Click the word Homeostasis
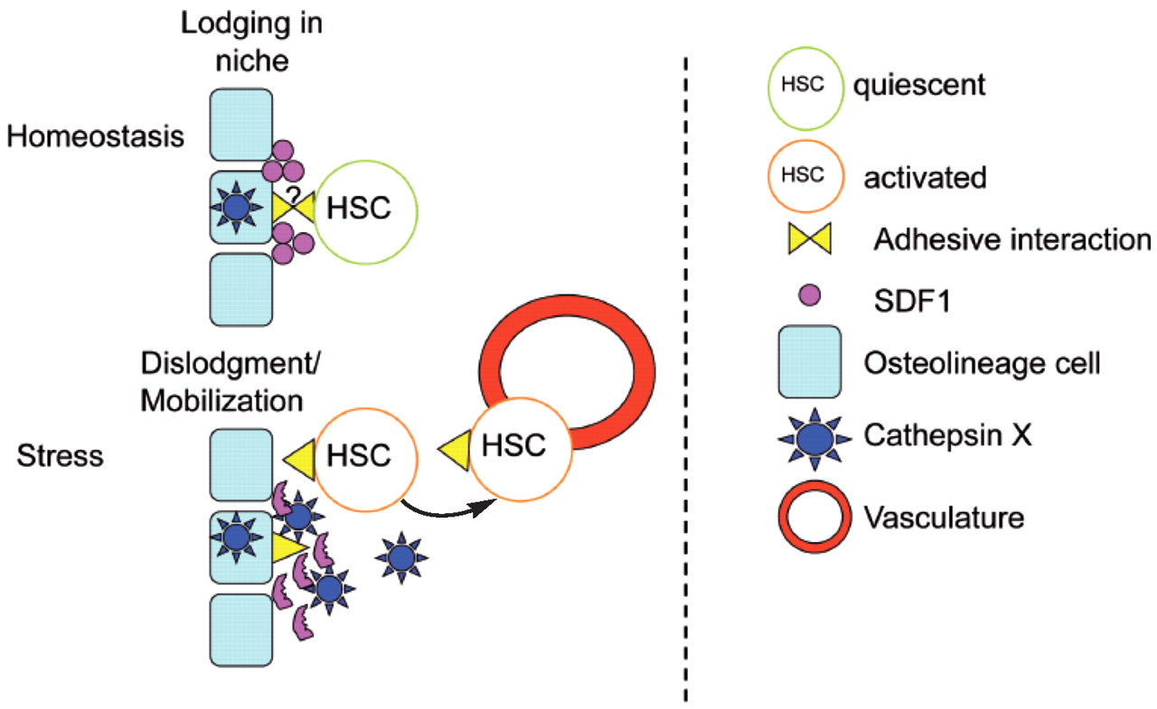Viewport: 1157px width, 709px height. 95,137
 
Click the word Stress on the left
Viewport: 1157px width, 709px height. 60,455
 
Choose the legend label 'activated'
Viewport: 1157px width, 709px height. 926,177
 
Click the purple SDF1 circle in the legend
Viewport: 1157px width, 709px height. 810,295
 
